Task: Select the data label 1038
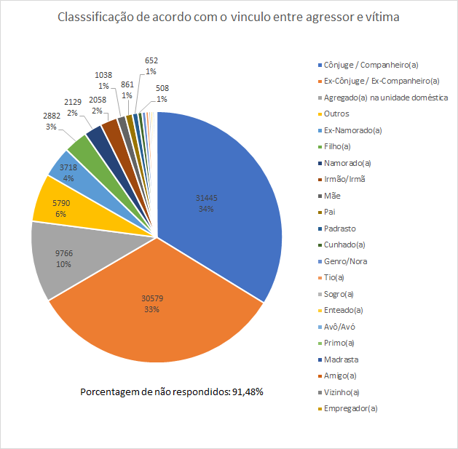coord(105,74)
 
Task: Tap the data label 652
coord(151,60)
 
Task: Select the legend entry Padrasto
coord(339,229)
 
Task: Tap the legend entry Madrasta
coord(341,359)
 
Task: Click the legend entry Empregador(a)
coord(351,408)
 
